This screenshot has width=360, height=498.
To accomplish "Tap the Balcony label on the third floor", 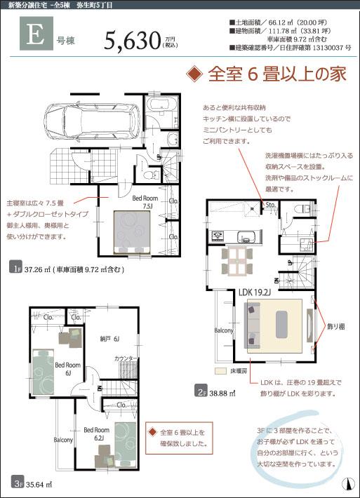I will click(63, 440).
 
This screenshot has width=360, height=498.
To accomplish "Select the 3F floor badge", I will click(16, 483).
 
